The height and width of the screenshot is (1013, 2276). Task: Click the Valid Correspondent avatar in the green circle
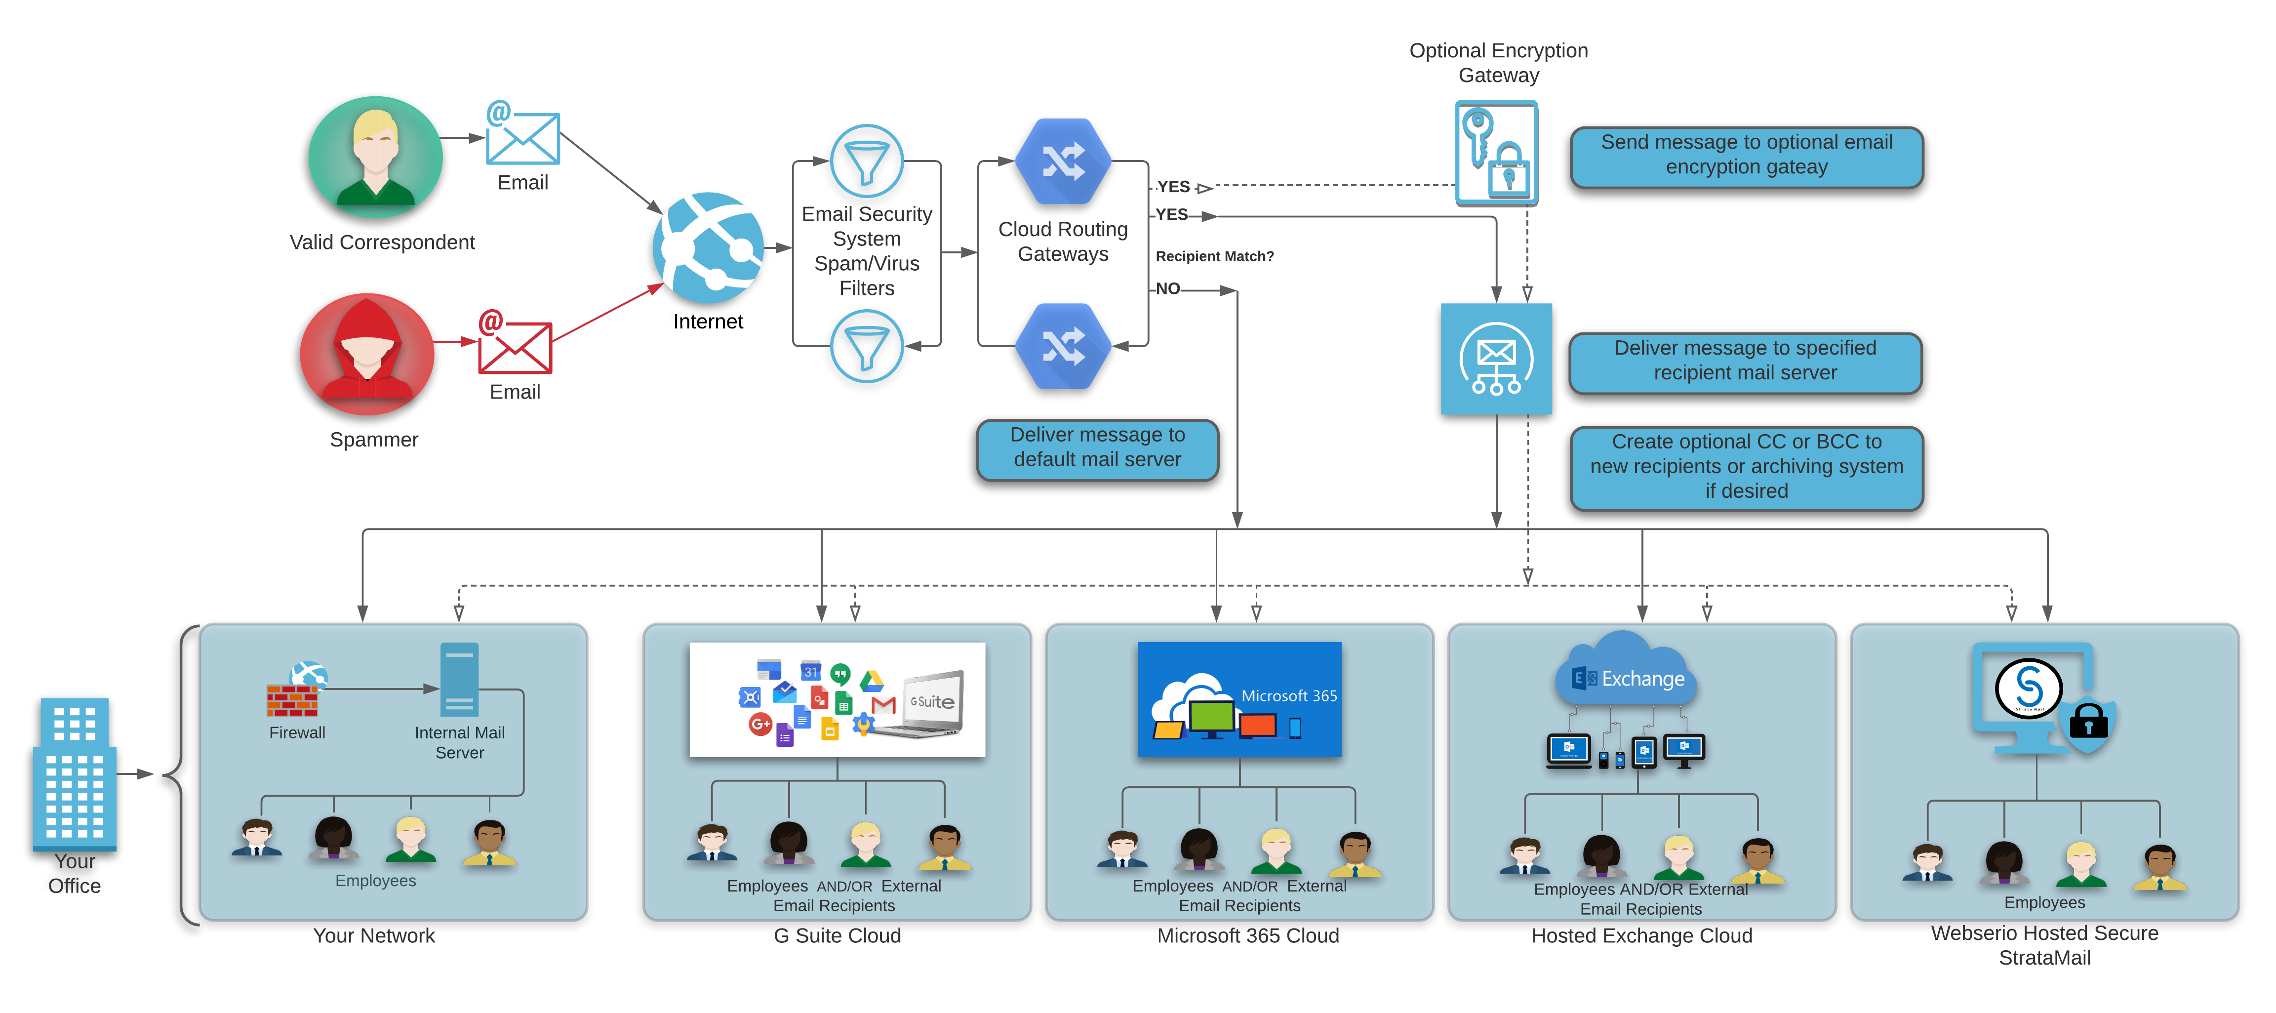coord(375,158)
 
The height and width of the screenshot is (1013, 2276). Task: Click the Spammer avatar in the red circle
coord(367,355)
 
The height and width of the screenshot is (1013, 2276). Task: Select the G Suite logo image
coord(837,699)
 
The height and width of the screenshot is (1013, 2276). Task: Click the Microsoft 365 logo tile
coord(1238,699)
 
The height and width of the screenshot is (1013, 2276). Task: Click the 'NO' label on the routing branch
coord(1167,289)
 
